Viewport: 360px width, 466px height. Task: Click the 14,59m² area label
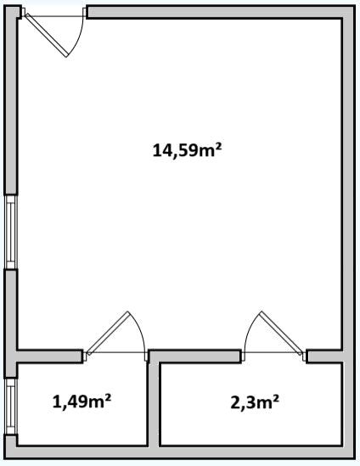188,150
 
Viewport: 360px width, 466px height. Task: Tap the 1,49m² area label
82,401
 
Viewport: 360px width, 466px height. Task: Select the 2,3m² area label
255,402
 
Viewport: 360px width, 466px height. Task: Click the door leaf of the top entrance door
46,35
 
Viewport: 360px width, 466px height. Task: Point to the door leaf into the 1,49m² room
109,333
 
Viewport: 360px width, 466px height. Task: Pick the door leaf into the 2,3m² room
281,333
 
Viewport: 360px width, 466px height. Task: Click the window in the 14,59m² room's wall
11,232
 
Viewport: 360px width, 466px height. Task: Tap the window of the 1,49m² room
11,407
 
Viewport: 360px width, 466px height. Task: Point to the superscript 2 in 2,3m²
276,397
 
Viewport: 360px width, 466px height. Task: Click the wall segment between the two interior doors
194,356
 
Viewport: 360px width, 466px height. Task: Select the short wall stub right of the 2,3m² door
325,356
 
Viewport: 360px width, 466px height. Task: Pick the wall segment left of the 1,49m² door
49,356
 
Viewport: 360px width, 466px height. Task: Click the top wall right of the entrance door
220,12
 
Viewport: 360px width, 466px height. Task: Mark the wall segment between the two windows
11,323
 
